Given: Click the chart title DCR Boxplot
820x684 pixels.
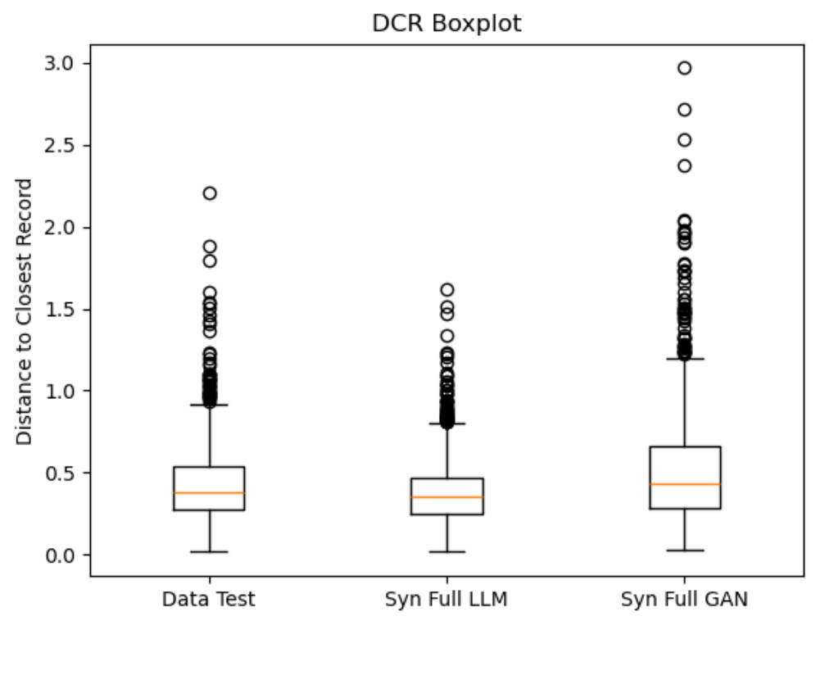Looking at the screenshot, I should pos(446,24).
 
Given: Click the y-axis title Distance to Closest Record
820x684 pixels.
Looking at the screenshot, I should pos(25,311).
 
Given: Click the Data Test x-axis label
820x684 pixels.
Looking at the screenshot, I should pos(209,600).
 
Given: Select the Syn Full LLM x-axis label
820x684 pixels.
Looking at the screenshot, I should pos(446,600).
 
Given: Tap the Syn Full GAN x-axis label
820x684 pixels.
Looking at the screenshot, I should pos(684,600).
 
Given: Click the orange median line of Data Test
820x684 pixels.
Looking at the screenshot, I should pos(209,493).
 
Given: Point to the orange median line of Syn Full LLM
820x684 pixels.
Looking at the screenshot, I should pos(446,497).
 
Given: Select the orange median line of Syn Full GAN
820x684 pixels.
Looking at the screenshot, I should pos(684,484).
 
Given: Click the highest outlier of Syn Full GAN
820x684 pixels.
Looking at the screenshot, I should pos(684,68).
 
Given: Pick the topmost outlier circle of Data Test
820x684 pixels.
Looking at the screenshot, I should pos(210,193).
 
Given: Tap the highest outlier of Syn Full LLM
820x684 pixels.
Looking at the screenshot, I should pos(447,290).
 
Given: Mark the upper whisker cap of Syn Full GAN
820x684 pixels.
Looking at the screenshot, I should pos(684,359).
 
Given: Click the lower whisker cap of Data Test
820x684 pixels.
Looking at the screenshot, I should pos(209,552).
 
